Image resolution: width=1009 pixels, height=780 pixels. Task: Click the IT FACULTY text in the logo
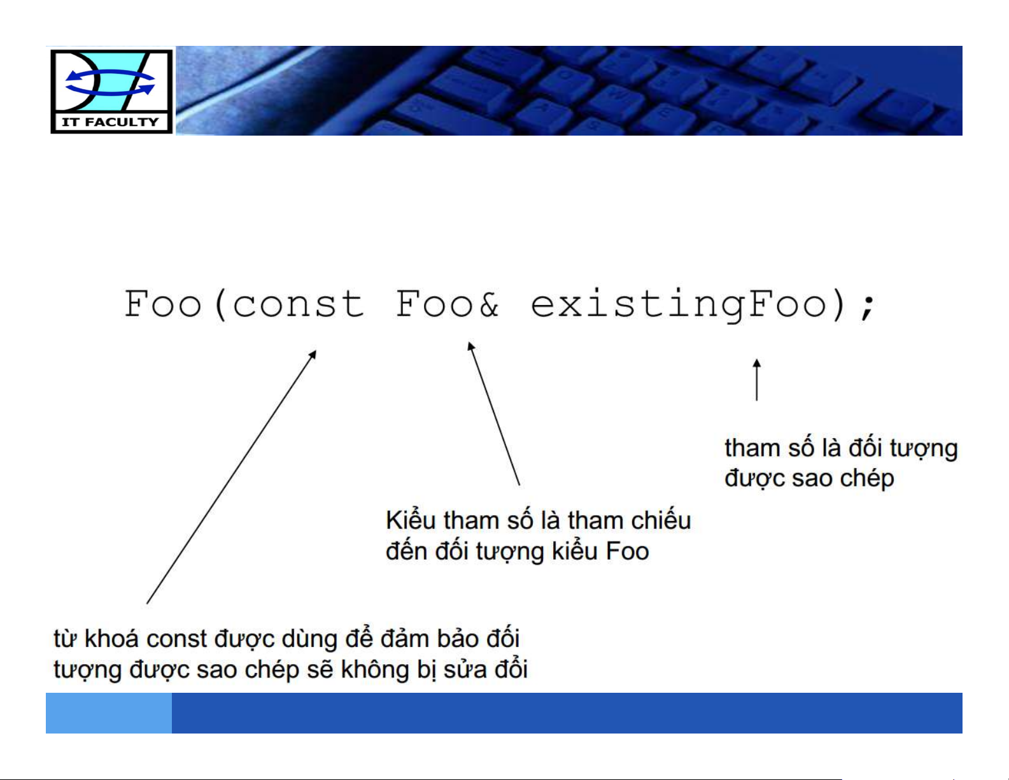(x=111, y=122)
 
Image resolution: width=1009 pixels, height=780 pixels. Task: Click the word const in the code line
(x=298, y=304)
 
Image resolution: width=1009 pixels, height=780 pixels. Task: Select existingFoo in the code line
(x=679, y=304)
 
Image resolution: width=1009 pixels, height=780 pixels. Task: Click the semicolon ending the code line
(x=866, y=307)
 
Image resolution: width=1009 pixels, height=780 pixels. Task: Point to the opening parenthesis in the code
(x=220, y=304)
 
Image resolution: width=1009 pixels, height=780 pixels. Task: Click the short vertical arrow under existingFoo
(x=756, y=379)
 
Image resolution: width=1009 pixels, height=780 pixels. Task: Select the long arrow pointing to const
(x=231, y=477)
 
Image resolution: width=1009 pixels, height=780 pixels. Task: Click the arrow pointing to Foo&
(x=493, y=414)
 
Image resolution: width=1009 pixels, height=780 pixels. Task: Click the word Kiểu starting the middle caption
(x=411, y=520)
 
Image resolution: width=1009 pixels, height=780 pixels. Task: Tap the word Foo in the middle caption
(x=628, y=551)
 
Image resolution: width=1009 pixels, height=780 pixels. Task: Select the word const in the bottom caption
(x=177, y=639)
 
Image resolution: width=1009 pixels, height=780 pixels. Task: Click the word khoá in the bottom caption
(x=111, y=639)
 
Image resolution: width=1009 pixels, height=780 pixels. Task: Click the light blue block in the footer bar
(x=109, y=713)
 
